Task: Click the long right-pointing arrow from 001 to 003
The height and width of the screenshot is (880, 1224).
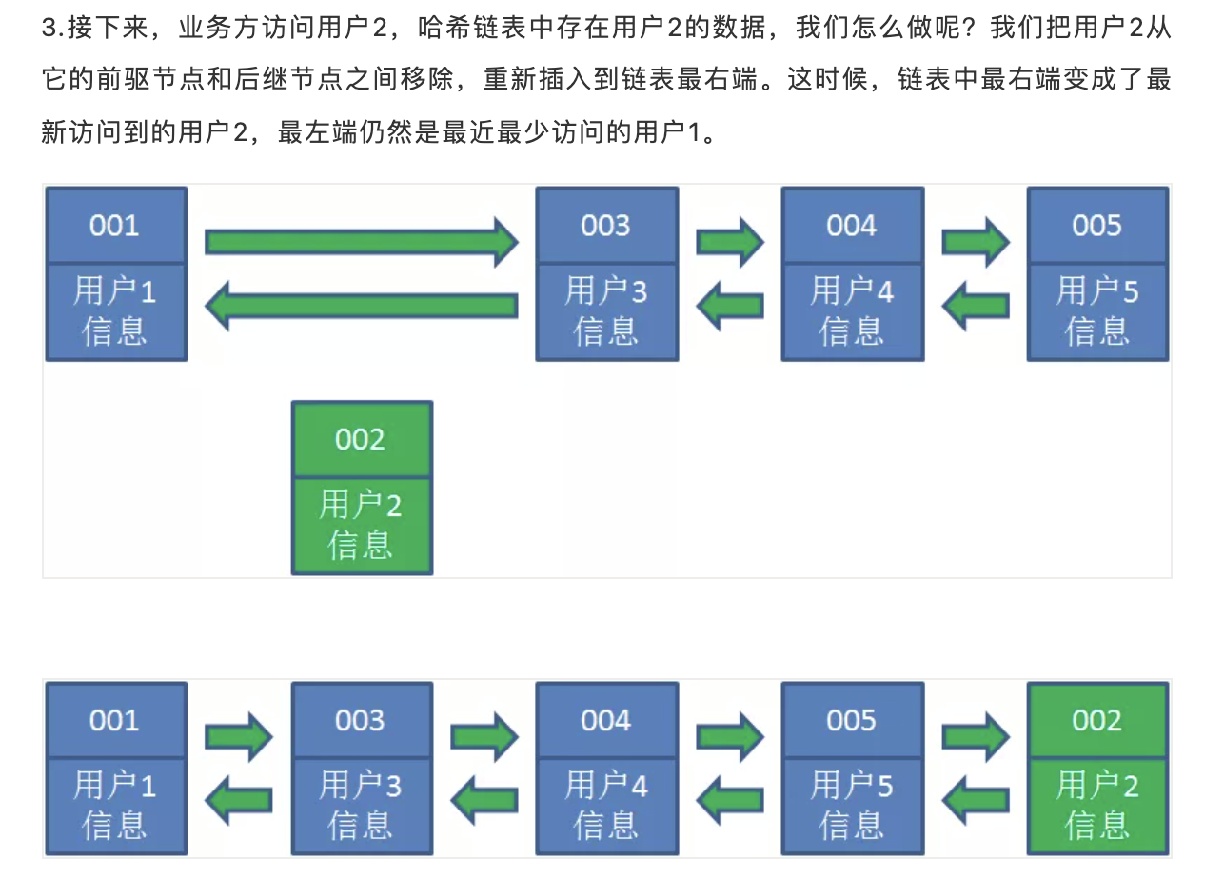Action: (x=362, y=242)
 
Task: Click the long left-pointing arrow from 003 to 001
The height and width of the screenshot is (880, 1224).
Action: (x=362, y=306)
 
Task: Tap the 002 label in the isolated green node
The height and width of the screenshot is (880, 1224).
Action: (x=362, y=439)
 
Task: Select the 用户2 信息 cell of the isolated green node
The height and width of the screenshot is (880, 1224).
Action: (x=362, y=525)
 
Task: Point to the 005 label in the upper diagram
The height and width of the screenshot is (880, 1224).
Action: (x=1097, y=226)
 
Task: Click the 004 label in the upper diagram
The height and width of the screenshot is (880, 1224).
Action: (x=852, y=226)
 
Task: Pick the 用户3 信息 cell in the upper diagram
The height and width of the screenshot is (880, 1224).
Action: (x=606, y=311)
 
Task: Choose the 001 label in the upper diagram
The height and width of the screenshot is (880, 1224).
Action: (x=115, y=226)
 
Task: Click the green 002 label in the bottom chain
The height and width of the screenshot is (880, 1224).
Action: (x=1097, y=720)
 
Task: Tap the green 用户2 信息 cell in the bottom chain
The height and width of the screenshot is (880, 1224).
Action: (x=1097, y=806)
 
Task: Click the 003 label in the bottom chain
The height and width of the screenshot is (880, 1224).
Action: (x=362, y=720)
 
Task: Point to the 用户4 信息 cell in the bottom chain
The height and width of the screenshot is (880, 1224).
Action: (x=606, y=806)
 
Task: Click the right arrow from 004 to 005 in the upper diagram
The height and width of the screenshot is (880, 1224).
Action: (x=976, y=242)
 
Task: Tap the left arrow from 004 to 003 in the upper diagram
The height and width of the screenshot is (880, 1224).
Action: (x=730, y=306)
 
